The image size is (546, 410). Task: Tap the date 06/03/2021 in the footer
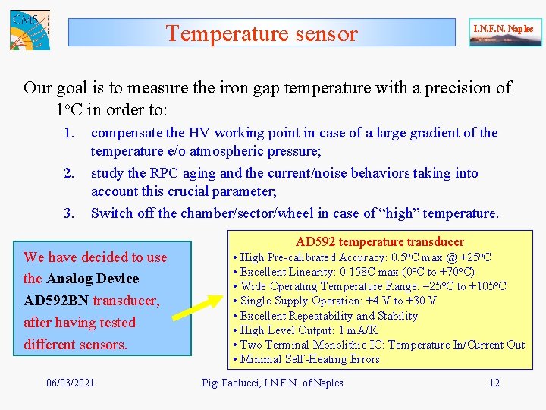(x=71, y=383)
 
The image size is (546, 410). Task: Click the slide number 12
(x=494, y=383)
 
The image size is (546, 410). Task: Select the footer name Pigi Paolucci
(x=234, y=383)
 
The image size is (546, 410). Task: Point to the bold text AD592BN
(x=56, y=301)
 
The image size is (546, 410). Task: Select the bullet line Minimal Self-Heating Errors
(x=310, y=359)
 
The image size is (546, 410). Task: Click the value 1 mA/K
(x=356, y=330)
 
